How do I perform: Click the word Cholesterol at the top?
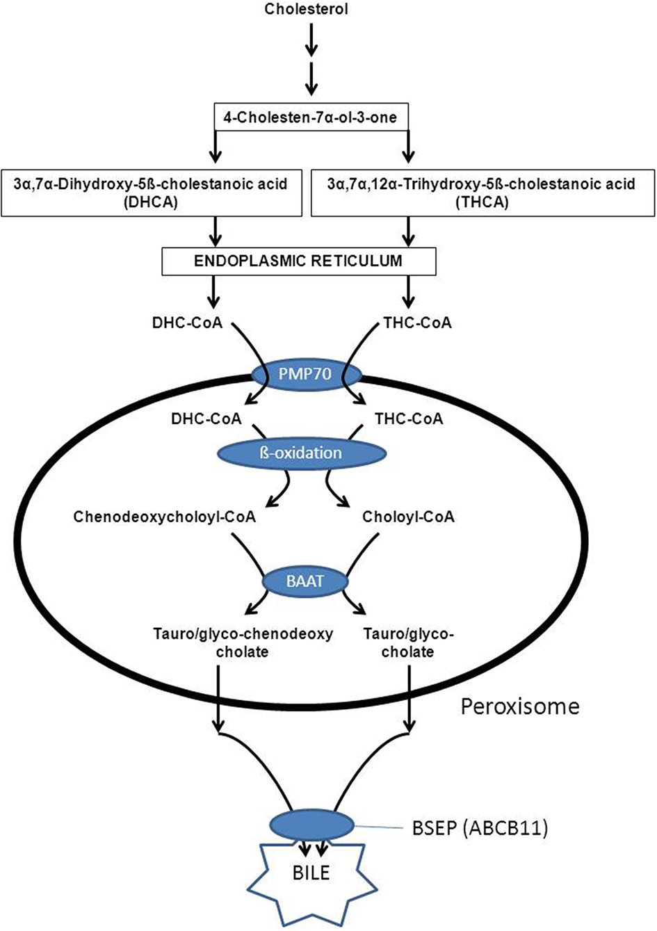[307, 9]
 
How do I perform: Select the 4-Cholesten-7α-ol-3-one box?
[311, 117]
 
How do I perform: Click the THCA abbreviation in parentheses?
[482, 202]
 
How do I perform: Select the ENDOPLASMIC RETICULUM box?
[299, 261]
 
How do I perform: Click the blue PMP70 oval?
[306, 374]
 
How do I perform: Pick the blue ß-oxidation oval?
[302, 453]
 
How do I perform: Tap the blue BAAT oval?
[305, 581]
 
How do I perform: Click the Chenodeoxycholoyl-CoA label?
[165, 517]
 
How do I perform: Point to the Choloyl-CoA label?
[409, 517]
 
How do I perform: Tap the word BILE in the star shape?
[311, 873]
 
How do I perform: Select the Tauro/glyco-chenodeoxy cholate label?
[243, 642]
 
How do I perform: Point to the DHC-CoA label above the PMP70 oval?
[188, 323]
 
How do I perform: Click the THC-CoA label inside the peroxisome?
[409, 419]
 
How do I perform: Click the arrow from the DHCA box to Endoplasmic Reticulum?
[215, 232]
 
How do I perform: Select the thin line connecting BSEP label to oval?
[379, 827]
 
